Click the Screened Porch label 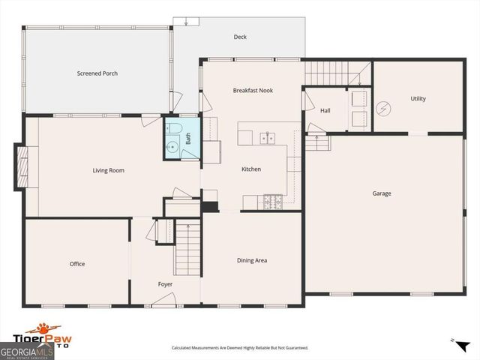97,73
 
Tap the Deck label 240,37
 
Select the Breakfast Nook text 253,91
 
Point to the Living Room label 108,170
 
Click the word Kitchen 250,169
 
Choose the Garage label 382,193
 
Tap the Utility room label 418,99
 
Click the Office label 77,264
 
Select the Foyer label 165,284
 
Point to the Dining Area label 252,260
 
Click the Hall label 325,111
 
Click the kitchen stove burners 272,201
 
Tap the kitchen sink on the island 266,138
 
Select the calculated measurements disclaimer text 239,348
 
